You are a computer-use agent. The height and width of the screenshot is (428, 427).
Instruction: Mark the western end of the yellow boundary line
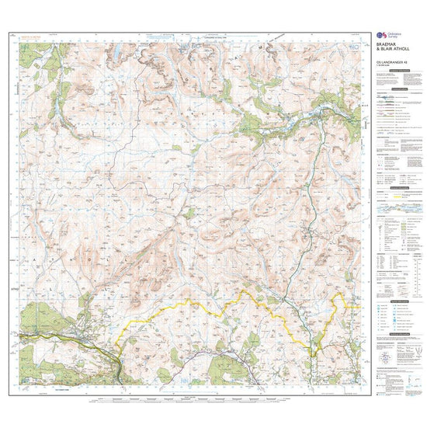116,343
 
